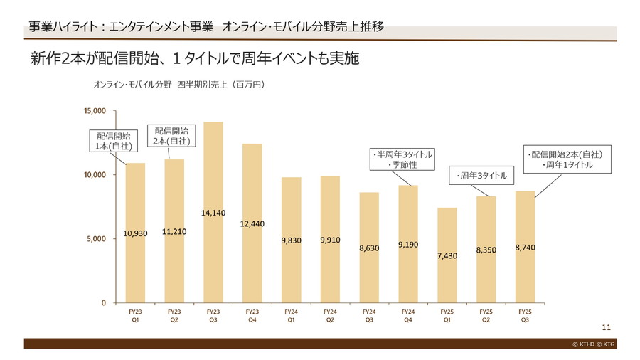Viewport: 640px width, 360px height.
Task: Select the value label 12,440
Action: (x=252, y=224)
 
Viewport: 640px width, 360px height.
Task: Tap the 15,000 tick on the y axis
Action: (x=95, y=111)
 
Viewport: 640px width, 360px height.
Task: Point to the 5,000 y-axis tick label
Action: (x=97, y=239)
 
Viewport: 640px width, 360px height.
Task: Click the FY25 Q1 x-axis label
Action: (x=447, y=315)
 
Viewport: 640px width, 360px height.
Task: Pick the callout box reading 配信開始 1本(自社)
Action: (x=112, y=141)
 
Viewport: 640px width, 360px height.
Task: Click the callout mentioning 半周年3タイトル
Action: (x=402, y=159)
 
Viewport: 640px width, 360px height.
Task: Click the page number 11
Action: (x=606, y=327)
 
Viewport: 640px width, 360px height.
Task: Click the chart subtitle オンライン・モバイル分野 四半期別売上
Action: (x=179, y=85)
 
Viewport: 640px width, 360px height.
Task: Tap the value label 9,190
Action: (x=408, y=245)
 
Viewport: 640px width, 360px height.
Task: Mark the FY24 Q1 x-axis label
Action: (x=291, y=315)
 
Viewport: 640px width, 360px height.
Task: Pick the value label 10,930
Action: (x=135, y=233)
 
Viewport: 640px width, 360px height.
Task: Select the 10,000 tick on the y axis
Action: (x=95, y=175)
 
